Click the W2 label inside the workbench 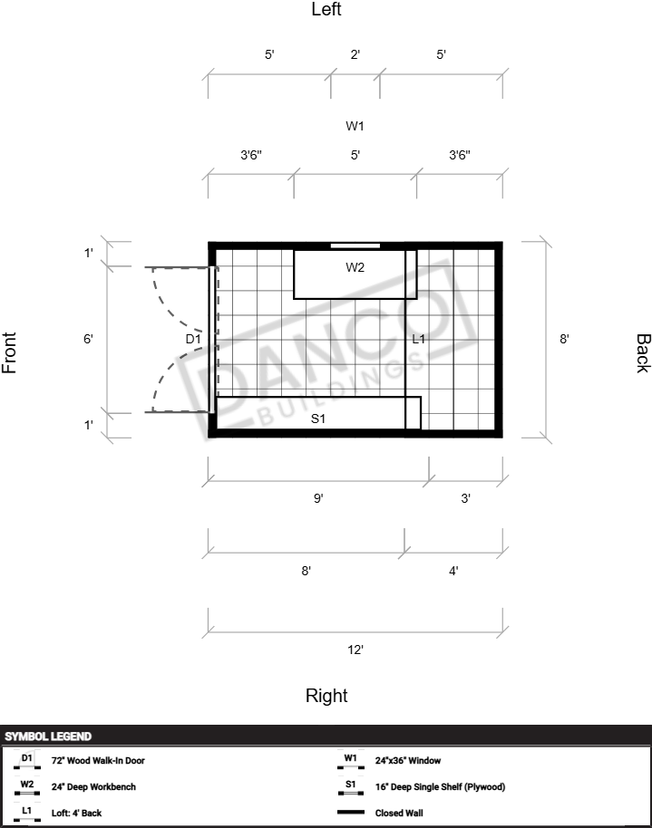[x=355, y=267]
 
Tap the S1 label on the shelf [x=317, y=419]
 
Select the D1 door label [x=193, y=339]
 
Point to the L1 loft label [x=418, y=339]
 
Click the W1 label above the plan [x=355, y=126]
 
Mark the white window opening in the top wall [x=355, y=246]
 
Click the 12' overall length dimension [x=355, y=650]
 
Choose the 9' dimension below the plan [x=318, y=498]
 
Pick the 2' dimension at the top [x=355, y=54]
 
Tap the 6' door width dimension [x=88, y=339]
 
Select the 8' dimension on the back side [x=564, y=339]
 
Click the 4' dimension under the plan [x=453, y=571]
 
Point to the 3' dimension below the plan [x=466, y=498]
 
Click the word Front [x=9, y=352]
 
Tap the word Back [x=643, y=353]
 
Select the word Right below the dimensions [x=326, y=696]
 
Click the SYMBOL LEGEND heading [x=48, y=737]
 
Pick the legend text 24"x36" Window [x=408, y=760]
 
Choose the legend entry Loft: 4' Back [x=76, y=814]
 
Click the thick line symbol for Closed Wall [x=351, y=813]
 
